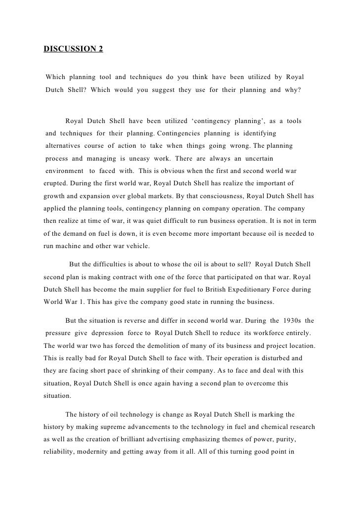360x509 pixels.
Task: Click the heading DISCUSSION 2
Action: tap(74, 49)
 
